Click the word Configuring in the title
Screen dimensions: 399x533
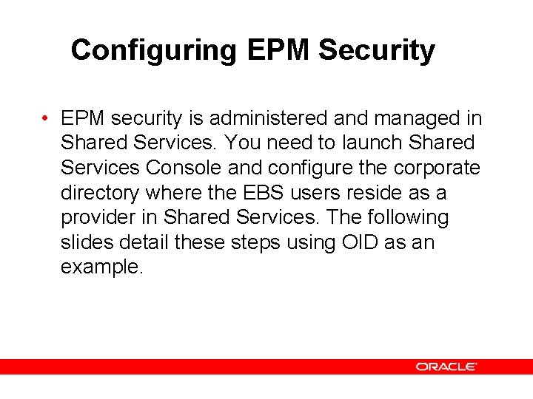pos(154,51)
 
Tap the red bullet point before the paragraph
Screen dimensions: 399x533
pos(46,119)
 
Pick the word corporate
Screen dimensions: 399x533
pos(437,168)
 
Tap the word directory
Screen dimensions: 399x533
pos(100,193)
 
